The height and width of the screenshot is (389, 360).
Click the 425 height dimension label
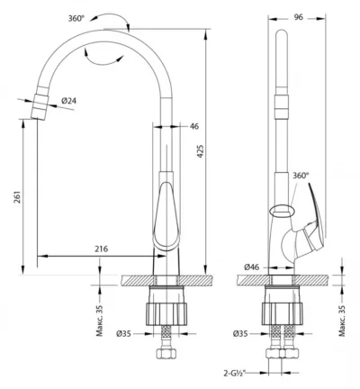click(201, 151)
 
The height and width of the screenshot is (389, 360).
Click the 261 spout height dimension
click(18, 197)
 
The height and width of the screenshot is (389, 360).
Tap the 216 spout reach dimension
click(102, 249)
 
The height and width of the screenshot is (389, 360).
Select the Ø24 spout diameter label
click(69, 101)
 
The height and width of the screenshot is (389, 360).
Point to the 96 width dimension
click(298, 17)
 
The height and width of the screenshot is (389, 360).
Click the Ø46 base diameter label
click(252, 267)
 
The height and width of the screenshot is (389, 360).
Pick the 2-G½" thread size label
click(235, 373)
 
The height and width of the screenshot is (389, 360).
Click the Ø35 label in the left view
click(123, 333)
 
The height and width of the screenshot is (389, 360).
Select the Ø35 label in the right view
click(240, 333)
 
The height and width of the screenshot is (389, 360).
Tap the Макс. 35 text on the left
click(100, 321)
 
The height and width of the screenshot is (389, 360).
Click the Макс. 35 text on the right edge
click(342, 321)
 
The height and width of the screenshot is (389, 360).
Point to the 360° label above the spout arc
click(76, 19)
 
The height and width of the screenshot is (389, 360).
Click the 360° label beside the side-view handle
click(301, 176)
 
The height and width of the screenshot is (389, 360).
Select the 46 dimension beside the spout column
click(194, 126)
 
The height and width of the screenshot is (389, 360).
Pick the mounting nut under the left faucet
click(166, 314)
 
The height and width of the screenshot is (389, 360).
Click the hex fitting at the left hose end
click(166, 353)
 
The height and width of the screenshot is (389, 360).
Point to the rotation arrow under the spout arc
click(102, 59)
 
